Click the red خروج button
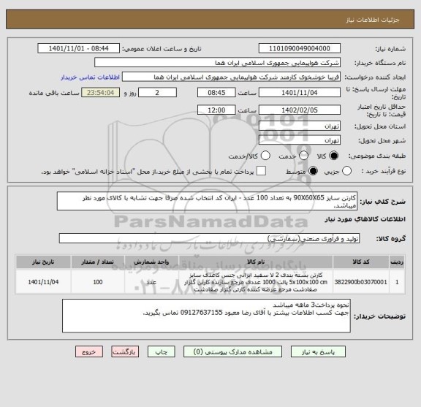point(87,351)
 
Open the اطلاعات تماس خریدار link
point(91,76)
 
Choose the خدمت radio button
point(264,155)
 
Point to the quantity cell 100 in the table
point(97,281)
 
